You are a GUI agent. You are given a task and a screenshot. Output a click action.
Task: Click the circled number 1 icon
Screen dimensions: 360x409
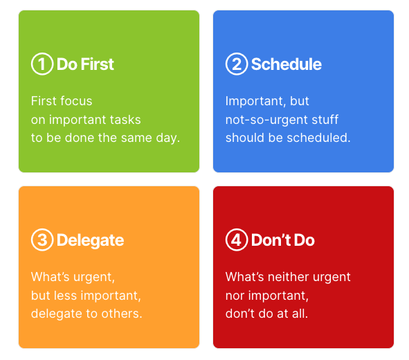[42, 64]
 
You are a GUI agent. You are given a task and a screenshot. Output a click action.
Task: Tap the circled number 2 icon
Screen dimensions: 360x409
[237, 64]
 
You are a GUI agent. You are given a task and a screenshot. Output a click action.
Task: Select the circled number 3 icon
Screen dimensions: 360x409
[42, 240]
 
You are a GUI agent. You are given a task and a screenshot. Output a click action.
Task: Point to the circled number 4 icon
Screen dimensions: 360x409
[237, 240]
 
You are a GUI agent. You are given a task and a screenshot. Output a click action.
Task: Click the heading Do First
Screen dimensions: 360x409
[85, 64]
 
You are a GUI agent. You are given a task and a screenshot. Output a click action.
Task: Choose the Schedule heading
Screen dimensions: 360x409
[286, 64]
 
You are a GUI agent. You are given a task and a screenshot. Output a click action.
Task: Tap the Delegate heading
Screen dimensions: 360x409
[90, 240]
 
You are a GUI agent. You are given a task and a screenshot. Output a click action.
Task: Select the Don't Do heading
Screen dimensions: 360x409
[282, 240]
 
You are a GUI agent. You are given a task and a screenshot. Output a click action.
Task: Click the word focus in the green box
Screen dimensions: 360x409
[75, 101]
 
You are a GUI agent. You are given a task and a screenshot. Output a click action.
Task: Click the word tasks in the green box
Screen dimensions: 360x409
[143, 119]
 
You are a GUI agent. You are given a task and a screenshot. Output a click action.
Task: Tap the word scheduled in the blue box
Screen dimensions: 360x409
[317, 138]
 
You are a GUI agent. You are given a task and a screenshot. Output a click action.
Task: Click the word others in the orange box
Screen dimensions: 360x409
[122, 314]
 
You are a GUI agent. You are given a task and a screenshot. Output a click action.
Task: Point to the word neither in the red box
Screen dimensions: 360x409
[295, 277]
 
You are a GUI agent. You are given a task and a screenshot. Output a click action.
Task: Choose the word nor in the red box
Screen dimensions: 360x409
[235, 296]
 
